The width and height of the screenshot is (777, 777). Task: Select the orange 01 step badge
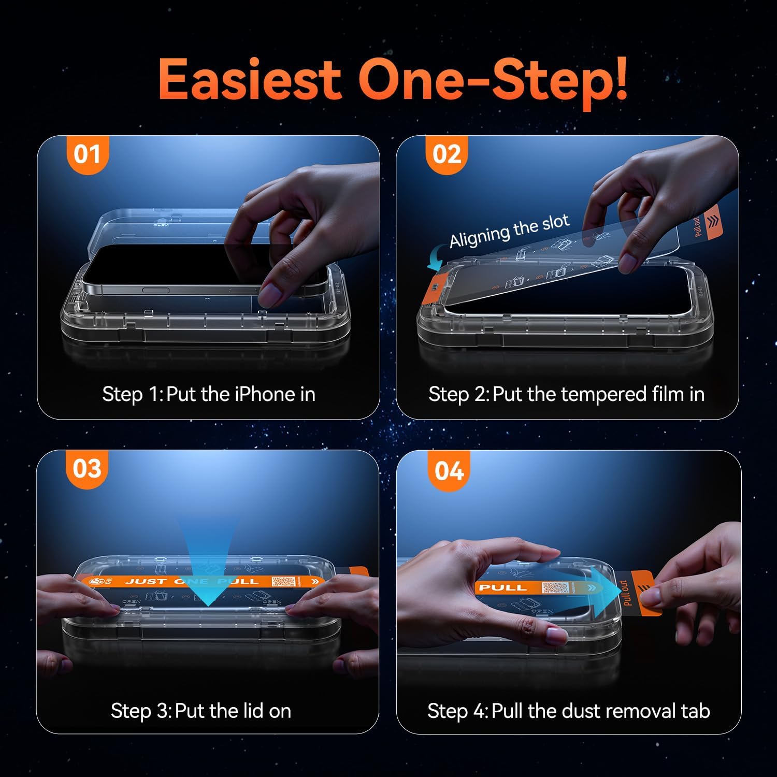tap(87, 154)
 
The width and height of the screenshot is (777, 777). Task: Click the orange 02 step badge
tap(447, 154)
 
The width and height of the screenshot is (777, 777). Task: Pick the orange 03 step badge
tap(87, 469)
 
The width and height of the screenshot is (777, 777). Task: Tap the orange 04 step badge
tap(449, 471)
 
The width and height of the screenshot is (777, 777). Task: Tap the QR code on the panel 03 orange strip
tap(283, 581)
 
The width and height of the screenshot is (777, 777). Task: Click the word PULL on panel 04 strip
tap(502, 587)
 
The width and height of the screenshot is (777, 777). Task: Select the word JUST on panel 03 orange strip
tap(146, 581)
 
